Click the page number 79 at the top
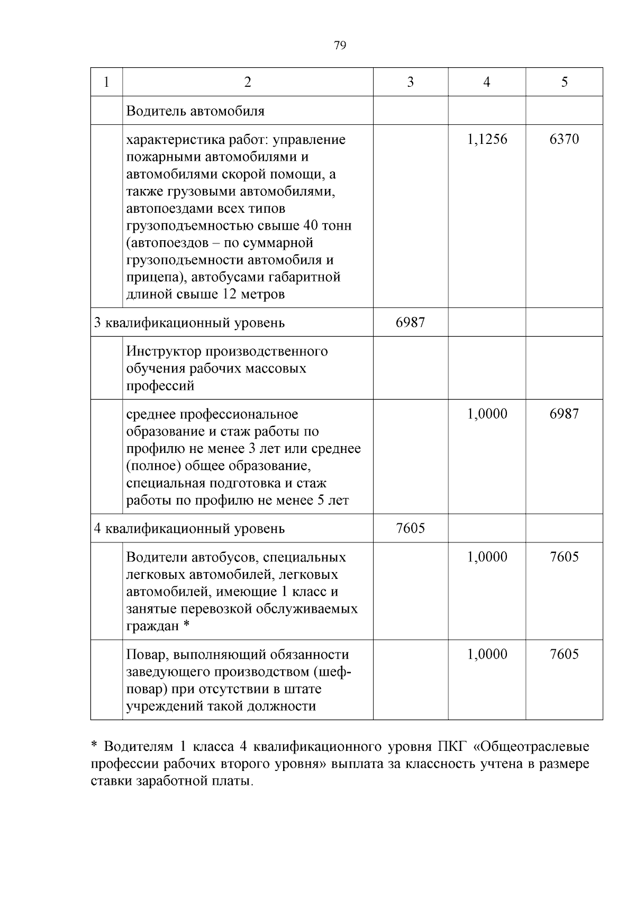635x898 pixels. pos(340,46)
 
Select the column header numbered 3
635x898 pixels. pos(410,82)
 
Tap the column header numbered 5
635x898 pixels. pos(564,82)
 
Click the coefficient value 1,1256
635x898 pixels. pos(487,140)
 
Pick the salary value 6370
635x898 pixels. pos(564,140)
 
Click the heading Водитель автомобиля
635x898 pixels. pos(195,111)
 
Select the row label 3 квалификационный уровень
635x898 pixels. pos(189,323)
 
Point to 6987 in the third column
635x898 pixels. pos(410,322)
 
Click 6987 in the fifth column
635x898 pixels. pos(564,414)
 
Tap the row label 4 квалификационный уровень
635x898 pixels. pos(189,529)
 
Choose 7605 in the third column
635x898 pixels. pos(410,528)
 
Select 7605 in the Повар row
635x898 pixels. pos(564,655)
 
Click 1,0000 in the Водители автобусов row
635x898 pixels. pos(487,557)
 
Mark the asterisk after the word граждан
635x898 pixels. pos(186,625)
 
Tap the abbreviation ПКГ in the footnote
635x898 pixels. pos(451,747)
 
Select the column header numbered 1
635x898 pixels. pos(106,82)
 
